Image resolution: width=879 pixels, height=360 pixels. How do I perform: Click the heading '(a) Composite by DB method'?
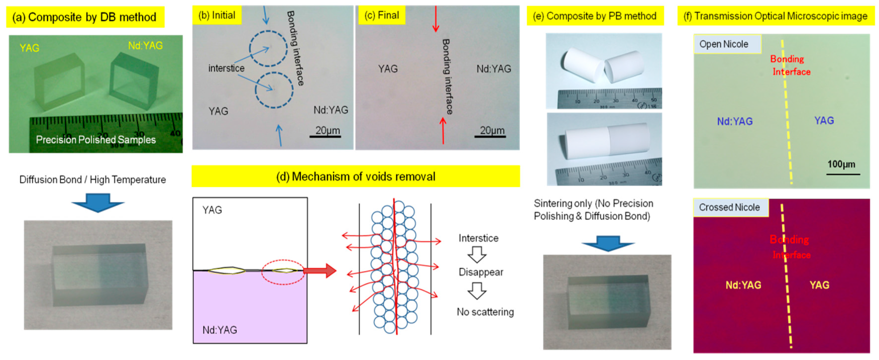pos(85,17)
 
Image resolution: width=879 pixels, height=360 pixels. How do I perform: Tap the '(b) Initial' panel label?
pos(217,15)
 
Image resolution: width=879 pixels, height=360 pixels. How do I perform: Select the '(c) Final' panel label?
pos(381,15)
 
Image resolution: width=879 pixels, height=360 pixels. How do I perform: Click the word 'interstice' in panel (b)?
pos(226,68)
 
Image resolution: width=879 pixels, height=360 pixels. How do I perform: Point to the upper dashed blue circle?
pos(268,49)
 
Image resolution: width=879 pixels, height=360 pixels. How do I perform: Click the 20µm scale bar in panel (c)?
pos(490,136)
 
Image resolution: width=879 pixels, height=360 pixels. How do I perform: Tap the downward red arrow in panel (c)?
pos(436,19)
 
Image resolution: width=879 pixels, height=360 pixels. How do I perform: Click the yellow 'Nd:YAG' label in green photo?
pos(145,45)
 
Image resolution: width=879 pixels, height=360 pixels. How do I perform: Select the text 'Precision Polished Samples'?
pos(96,140)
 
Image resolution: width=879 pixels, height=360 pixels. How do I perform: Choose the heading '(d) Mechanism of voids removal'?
pos(356,177)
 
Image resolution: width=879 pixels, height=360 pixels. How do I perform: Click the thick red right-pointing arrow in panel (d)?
pos(320,271)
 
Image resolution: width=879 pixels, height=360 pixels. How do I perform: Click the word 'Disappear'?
pos(481,272)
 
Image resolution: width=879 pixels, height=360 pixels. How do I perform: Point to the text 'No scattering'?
pos(485,311)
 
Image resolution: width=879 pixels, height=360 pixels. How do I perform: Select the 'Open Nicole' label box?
pos(727,44)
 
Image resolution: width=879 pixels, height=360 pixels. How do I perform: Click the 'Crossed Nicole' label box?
pos(730,207)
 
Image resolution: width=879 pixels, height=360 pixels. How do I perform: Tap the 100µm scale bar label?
pos(841,164)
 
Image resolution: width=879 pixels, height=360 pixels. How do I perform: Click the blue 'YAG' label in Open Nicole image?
pos(824,121)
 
